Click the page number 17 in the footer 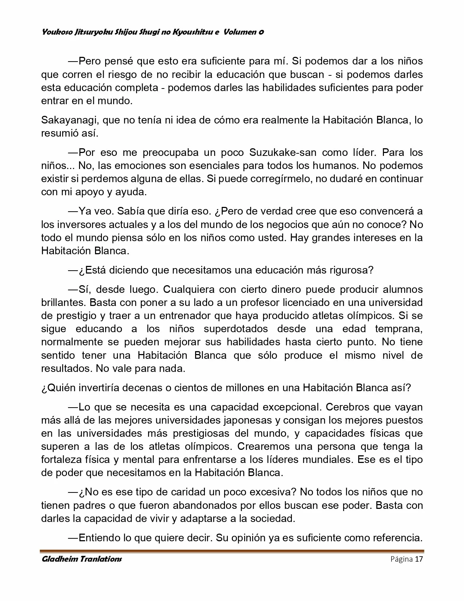(x=419, y=559)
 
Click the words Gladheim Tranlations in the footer (x=82, y=559)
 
